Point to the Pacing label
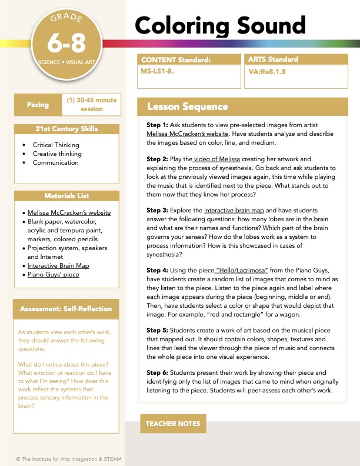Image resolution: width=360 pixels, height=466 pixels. click(38, 105)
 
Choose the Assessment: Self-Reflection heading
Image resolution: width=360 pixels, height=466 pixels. click(66, 309)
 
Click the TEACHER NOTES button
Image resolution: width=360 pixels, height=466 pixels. click(173, 423)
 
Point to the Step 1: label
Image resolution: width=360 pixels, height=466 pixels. click(158, 126)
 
